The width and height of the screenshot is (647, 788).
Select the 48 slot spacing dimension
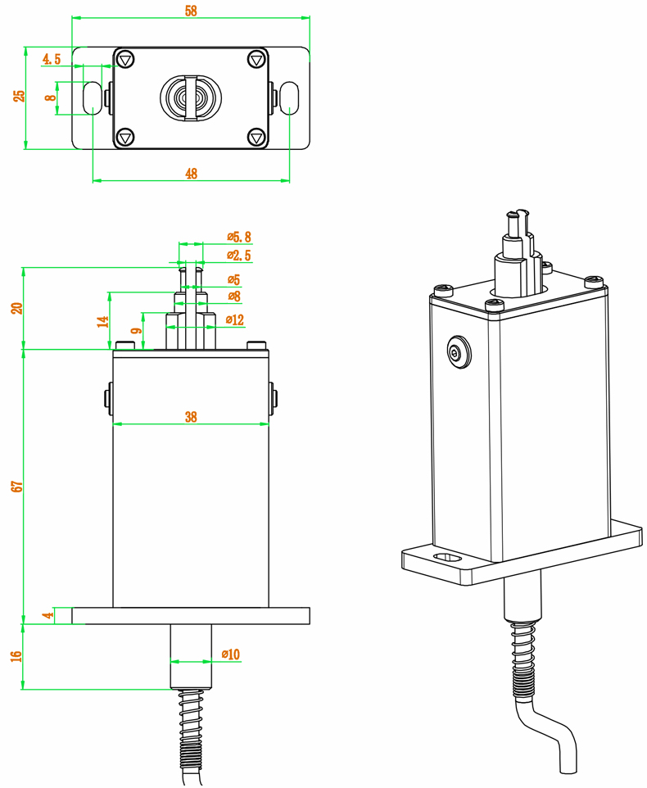(x=192, y=173)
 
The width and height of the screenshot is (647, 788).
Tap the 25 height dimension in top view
(x=19, y=96)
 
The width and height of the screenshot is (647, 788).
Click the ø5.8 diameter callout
(x=239, y=238)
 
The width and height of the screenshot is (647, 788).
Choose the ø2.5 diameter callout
(x=239, y=256)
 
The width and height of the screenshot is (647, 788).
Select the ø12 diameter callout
(x=233, y=320)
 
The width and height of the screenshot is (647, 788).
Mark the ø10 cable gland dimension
(x=231, y=654)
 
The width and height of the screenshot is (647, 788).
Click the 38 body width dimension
(x=191, y=417)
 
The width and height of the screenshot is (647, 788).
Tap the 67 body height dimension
(x=17, y=486)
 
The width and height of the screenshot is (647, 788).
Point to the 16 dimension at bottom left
(x=17, y=657)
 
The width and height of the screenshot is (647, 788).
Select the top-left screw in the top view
(x=125, y=60)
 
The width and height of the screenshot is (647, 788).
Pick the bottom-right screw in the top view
(x=256, y=137)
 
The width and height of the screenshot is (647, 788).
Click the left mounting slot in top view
(x=92, y=97)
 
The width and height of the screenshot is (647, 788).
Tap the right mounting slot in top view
(x=290, y=97)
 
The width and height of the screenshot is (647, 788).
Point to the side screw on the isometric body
(x=456, y=352)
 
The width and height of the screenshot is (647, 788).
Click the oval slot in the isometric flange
(x=449, y=559)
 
